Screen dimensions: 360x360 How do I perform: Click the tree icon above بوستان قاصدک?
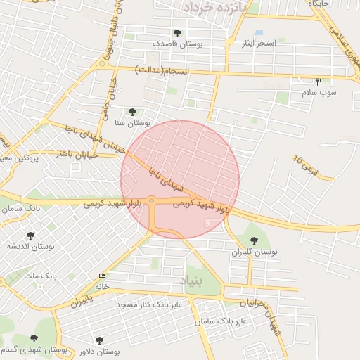(176, 33)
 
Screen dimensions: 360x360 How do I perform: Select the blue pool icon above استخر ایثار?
(259, 33)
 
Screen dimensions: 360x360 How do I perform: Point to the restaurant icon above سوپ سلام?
(319, 82)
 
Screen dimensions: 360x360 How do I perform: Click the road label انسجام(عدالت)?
(163, 71)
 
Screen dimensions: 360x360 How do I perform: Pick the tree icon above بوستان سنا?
(132, 112)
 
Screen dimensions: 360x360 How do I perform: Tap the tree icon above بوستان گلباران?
(254, 240)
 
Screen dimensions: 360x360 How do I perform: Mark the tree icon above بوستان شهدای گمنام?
(34, 338)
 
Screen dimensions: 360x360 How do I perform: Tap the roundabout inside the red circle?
(152, 202)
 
